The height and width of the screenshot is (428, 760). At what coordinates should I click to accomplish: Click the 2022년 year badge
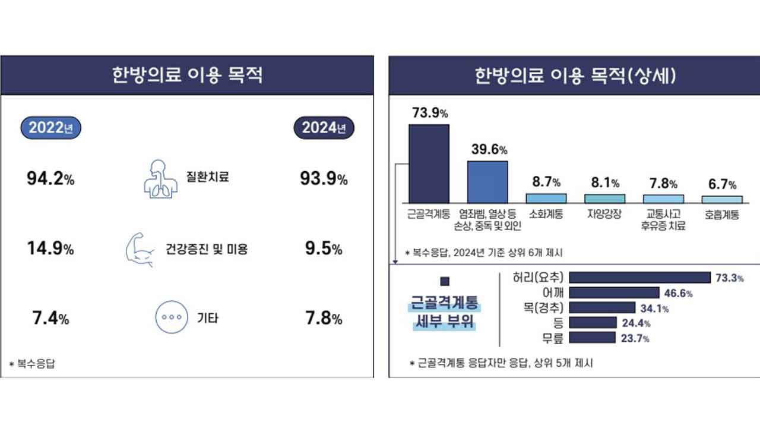tap(50, 128)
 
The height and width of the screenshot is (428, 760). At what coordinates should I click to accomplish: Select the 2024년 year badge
tap(324, 128)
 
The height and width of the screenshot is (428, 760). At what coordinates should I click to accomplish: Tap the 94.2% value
tap(50, 179)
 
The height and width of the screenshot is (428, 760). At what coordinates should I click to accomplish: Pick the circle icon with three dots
tap(172, 318)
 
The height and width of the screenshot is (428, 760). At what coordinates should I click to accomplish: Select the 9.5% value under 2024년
tap(323, 249)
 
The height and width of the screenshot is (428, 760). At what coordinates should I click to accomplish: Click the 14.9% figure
tap(50, 249)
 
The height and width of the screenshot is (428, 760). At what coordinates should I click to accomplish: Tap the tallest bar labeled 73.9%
tap(429, 163)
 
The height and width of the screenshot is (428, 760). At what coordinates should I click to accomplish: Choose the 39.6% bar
tap(487, 182)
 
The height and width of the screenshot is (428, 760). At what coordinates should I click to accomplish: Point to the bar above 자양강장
tap(604, 198)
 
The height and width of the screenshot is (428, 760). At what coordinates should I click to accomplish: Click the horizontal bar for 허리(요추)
tap(639, 278)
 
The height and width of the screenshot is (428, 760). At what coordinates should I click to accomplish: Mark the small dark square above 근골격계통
tap(445, 281)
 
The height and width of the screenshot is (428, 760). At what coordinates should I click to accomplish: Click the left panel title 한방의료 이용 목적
tap(187, 76)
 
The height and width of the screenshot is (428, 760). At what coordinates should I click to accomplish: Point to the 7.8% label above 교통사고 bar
tap(663, 184)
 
